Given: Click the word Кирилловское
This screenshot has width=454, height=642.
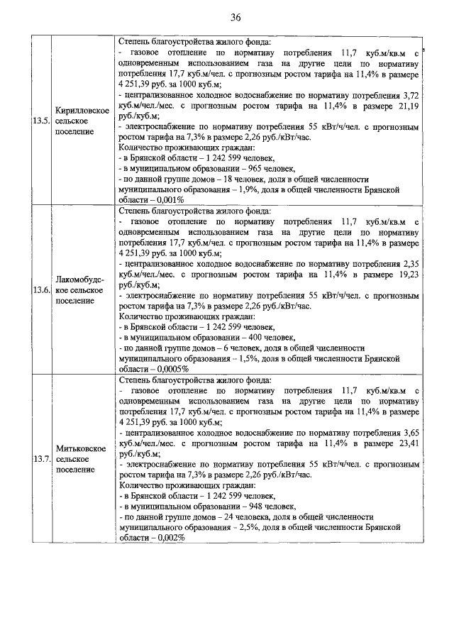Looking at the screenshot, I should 82,111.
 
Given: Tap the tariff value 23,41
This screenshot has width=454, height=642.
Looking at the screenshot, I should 409,441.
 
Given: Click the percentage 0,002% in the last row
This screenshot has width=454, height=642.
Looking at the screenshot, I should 168,538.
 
